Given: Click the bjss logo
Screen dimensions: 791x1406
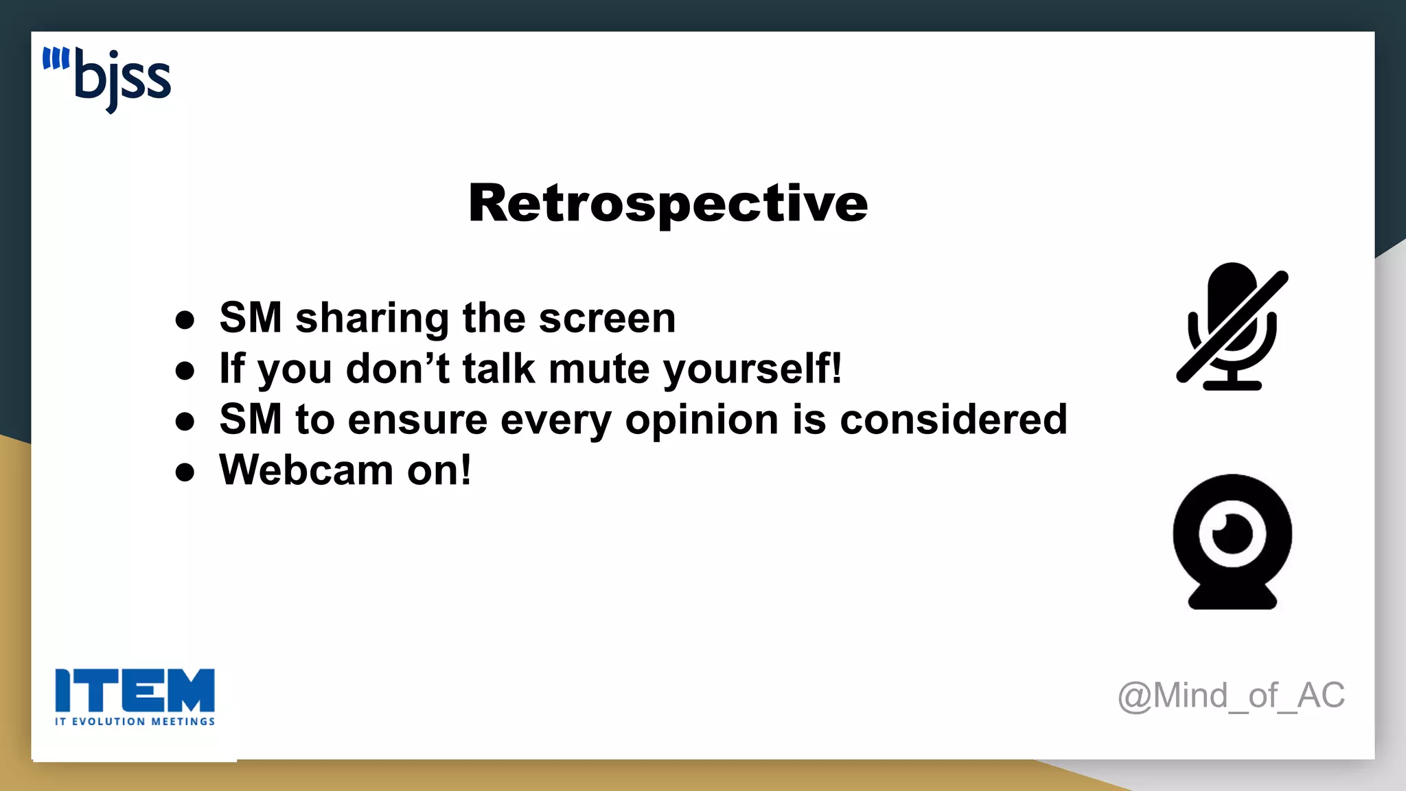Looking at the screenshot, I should tap(107, 80).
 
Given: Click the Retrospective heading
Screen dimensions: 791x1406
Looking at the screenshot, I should tap(668, 203).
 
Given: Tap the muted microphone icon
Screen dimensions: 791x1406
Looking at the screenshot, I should tap(1232, 326).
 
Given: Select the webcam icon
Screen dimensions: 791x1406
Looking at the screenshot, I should tap(1232, 541).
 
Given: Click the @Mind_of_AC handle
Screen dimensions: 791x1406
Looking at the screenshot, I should tap(1231, 696).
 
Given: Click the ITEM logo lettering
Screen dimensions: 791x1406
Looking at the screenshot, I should tap(135, 690).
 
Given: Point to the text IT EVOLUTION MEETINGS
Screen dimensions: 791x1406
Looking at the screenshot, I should tap(135, 722).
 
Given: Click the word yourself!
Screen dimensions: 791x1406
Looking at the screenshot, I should tap(752, 369).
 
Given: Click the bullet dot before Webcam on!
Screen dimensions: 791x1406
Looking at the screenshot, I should tap(185, 472).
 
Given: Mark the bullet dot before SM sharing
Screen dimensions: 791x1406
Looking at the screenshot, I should tap(185, 320).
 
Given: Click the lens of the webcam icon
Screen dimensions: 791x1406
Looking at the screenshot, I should tap(1232, 534).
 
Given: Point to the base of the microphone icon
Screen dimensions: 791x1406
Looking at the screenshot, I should tap(1232, 385).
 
